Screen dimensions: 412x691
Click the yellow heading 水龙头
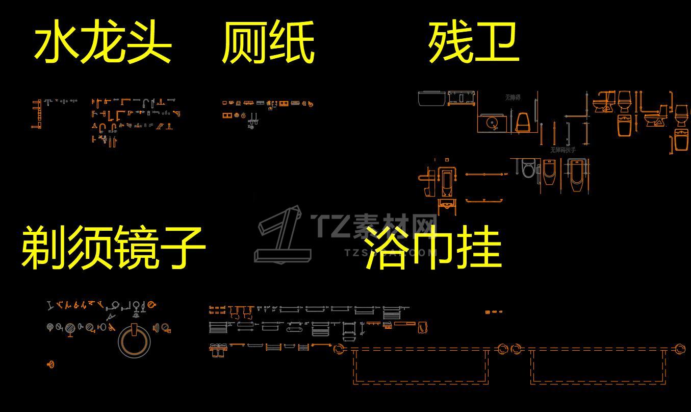103,44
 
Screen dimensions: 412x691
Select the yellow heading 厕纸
268,44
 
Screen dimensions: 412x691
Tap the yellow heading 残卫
473,43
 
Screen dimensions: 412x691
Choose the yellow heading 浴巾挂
433,249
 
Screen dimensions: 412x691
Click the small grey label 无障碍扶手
562,150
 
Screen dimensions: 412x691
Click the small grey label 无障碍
513,97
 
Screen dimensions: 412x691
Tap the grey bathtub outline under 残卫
432,98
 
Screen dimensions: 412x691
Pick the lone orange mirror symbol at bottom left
50,364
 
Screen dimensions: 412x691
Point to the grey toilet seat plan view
529,168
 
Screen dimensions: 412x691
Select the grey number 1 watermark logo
283,235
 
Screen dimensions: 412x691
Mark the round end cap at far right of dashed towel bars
680,349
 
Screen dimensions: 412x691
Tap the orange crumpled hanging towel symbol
422,327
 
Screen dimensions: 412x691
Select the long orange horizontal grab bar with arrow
485,175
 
